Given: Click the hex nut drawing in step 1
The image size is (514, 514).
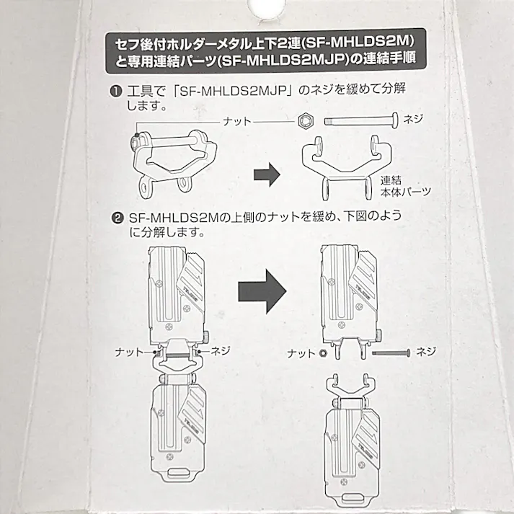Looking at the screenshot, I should pos(305,123).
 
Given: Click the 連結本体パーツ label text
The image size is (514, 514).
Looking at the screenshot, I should pos(404,186).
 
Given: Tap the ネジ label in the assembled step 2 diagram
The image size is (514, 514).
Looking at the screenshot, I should pos(220,350).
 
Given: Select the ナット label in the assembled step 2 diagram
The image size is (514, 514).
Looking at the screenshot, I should pos(130,353).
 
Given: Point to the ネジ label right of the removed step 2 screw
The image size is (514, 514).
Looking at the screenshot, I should pos(427,352).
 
